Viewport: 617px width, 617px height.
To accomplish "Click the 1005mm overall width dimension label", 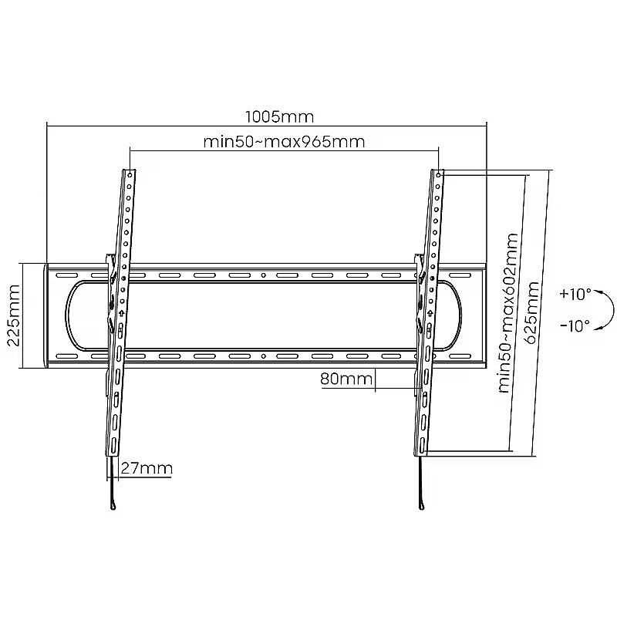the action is [x=280, y=117].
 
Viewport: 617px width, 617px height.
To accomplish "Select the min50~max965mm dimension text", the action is [x=284, y=142].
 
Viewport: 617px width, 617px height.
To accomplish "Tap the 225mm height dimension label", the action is [x=14, y=315].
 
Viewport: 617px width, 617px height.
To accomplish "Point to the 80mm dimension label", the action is [x=346, y=379].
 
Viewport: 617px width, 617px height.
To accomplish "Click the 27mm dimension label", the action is [x=147, y=468].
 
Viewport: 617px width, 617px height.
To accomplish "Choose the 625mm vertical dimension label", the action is [x=532, y=313].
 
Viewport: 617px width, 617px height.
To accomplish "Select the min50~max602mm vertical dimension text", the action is [x=508, y=313].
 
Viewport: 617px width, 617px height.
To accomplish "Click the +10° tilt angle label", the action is [x=575, y=294].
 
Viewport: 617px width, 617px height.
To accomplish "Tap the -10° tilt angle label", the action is [x=575, y=325].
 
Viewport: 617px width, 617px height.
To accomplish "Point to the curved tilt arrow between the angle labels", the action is [x=614, y=310].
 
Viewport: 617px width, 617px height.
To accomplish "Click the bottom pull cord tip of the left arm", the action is [x=113, y=507].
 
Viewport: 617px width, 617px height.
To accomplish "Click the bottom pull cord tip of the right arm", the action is [x=422, y=507].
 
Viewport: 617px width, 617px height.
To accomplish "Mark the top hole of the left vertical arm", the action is [x=130, y=175].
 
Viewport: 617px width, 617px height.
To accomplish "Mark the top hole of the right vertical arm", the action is [x=438, y=175].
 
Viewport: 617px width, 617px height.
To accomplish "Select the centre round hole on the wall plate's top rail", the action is [x=264, y=275].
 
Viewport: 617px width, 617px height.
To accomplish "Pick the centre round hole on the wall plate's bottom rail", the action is [x=264, y=356].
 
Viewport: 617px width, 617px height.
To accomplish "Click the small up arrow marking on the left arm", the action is [x=122, y=313].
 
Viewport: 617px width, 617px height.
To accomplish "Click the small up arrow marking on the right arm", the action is [x=430, y=313].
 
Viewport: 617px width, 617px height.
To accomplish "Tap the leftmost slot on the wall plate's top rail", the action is [x=67, y=275].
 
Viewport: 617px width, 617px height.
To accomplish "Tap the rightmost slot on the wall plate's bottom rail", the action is [x=460, y=356].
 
